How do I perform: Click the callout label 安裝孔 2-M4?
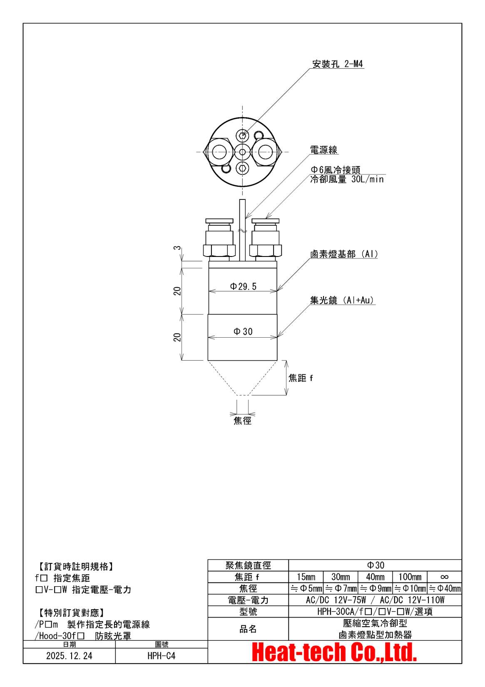pyautogui.click(x=338, y=64)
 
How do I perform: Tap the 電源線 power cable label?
pyautogui.click(x=323, y=150)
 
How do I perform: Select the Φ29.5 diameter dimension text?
pyautogui.click(x=243, y=286)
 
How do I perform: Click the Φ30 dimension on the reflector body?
pyautogui.click(x=243, y=331)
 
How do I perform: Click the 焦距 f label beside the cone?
pyautogui.click(x=301, y=378)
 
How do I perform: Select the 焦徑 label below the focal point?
pyautogui.click(x=242, y=421)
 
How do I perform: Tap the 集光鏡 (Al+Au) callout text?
pyautogui.click(x=342, y=300)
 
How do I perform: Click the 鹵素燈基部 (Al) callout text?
pyautogui.click(x=344, y=254)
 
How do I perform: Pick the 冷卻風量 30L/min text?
pyautogui.click(x=347, y=179)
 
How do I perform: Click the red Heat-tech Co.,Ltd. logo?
pyautogui.click(x=334, y=652)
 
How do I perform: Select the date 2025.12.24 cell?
pyautogui.click(x=69, y=656)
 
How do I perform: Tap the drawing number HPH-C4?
pyautogui.click(x=162, y=656)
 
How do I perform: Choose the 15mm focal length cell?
pyautogui.click(x=306, y=577)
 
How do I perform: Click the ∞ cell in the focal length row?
pyautogui.click(x=444, y=577)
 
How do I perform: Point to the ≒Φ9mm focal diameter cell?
pyautogui.click(x=375, y=589)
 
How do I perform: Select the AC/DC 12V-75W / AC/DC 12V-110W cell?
pyautogui.click(x=375, y=600)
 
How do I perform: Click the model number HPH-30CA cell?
pyautogui.click(x=375, y=612)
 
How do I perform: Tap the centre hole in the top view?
pyautogui.click(x=243, y=152)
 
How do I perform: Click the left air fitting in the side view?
pyautogui.click(x=219, y=239)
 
